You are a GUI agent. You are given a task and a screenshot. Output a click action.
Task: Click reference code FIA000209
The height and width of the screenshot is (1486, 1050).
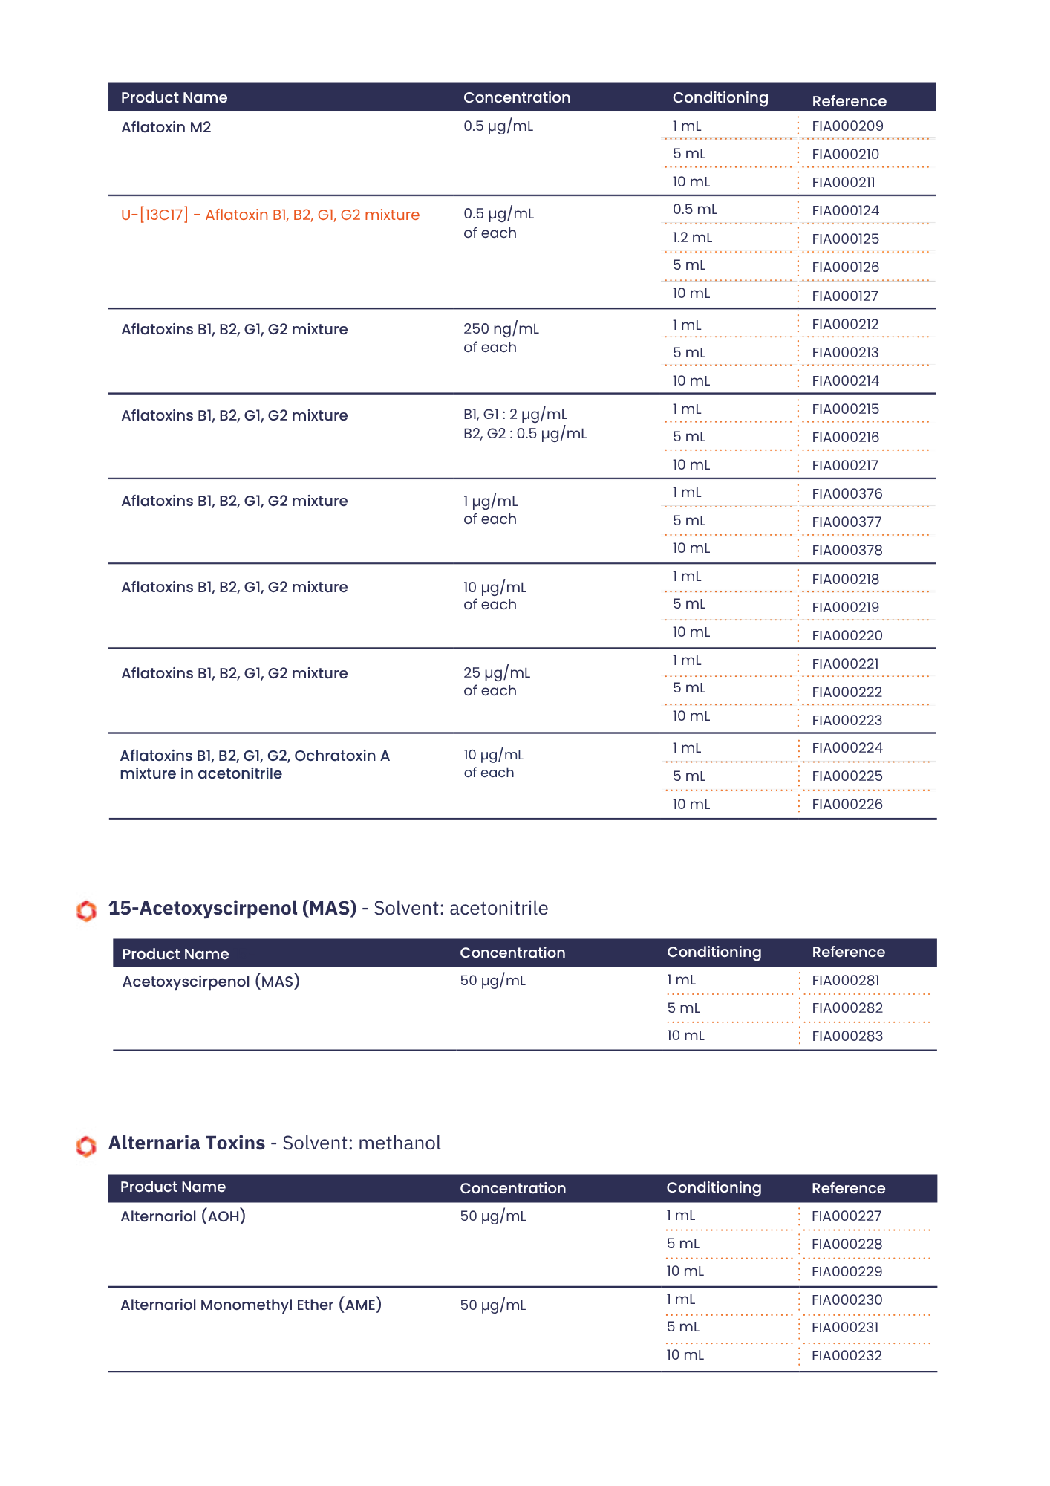[x=847, y=126]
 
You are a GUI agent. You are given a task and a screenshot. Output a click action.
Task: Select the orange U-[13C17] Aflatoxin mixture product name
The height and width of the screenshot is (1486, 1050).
[x=270, y=215]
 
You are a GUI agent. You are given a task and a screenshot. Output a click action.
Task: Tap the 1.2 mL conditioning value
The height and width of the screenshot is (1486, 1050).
[x=692, y=238]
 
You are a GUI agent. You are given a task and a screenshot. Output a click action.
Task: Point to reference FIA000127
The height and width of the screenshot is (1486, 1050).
[x=845, y=296]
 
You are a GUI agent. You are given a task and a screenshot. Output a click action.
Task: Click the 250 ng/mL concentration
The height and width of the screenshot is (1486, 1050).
[x=501, y=329]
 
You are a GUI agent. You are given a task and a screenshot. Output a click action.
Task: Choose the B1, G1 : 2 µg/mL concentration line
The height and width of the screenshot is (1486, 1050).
[x=515, y=415]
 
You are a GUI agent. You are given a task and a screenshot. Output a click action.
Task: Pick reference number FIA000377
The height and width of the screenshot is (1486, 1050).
[x=847, y=522]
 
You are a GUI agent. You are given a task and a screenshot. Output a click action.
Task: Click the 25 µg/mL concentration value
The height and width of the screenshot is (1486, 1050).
[x=497, y=673]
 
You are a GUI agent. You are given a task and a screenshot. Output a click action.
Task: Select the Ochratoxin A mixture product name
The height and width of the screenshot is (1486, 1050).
[x=255, y=765]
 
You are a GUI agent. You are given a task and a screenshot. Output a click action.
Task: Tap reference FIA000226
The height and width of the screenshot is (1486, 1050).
[x=847, y=805]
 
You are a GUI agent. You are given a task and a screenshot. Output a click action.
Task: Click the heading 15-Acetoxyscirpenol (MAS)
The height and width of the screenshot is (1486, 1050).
[x=232, y=909]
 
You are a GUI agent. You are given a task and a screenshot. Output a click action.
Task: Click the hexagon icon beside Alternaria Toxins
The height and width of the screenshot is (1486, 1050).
[x=86, y=1146]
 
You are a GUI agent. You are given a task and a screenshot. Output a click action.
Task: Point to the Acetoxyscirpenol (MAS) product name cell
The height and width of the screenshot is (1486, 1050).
[x=211, y=982]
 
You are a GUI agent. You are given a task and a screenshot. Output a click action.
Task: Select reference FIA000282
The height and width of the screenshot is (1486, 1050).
[x=847, y=1008]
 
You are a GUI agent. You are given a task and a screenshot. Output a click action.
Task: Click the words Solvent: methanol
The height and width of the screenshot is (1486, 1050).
[x=362, y=1143]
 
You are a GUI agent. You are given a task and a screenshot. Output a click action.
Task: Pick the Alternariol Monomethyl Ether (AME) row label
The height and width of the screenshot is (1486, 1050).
[x=251, y=1305]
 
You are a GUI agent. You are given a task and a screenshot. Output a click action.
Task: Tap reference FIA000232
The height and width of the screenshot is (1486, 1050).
[x=847, y=1356]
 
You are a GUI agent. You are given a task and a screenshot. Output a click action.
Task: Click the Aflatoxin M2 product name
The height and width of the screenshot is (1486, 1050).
[x=166, y=128]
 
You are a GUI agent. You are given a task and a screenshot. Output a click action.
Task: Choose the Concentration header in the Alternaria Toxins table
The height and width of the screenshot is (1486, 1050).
[x=512, y=1188]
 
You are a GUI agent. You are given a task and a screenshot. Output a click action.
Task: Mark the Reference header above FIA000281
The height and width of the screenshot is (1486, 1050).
[x=848, y=953]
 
